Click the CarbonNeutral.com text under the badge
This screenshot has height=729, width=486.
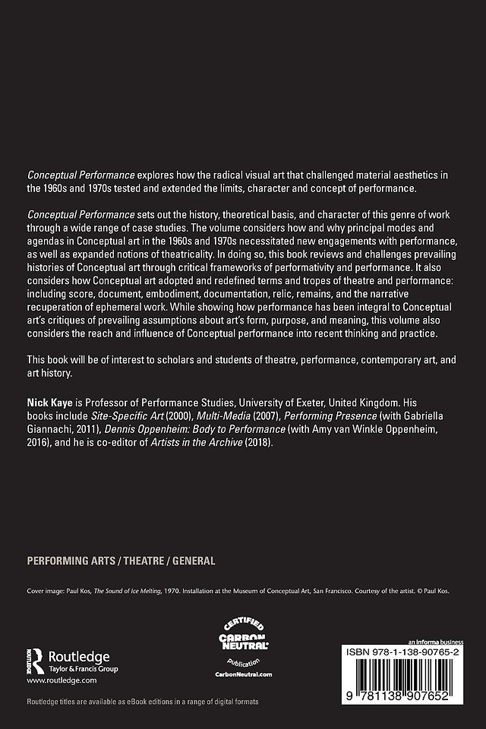[243, 674]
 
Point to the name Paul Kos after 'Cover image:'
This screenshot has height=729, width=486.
[77, 589]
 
